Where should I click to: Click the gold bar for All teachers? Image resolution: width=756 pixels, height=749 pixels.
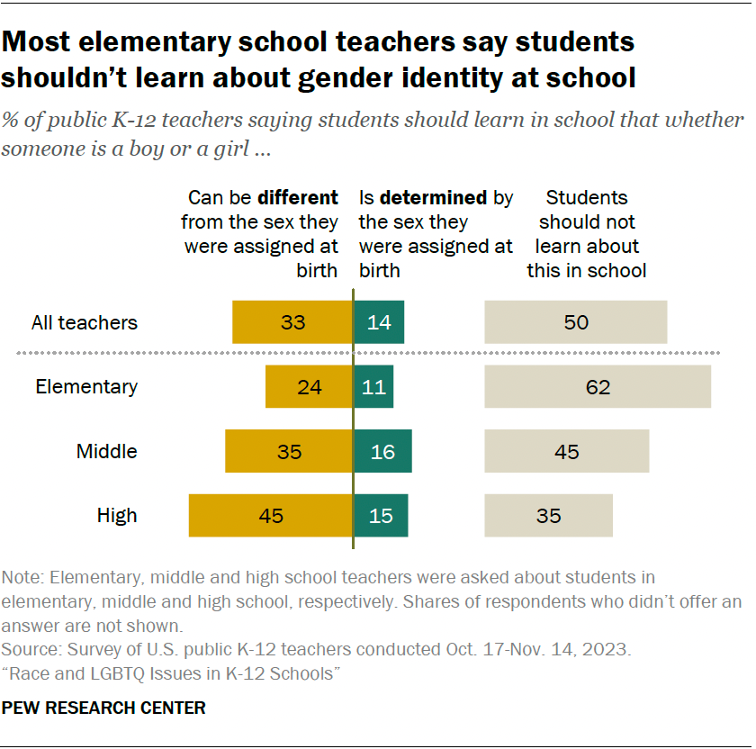tap(292, 322)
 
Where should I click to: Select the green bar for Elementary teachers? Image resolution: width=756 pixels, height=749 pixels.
tap(373, 387)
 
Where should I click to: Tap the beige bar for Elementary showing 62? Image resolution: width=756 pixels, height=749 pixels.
tap(598, 387)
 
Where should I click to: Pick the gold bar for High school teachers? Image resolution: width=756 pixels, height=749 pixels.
tap(270, 516)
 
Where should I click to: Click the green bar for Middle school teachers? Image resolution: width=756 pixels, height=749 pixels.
tap(382, 452)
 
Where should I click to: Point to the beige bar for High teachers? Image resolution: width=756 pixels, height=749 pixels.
tap(548, 516)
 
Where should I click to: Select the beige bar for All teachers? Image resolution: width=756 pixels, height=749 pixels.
tap(576, 322)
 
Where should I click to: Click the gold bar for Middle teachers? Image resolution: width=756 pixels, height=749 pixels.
tap(289, 452)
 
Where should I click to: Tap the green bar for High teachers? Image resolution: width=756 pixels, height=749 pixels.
tap(381, 516)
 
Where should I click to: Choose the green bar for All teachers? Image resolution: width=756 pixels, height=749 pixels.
tap(379, 322)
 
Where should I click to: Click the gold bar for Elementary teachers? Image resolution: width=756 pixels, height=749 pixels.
tap(309, 387)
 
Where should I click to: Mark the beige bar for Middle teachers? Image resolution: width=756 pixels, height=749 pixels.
tap(567, 452)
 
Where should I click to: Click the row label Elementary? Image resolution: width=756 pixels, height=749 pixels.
tap(86, 387)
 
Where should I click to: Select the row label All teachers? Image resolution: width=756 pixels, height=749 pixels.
tap(85, 322)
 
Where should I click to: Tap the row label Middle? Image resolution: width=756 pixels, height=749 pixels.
tap(107, 452)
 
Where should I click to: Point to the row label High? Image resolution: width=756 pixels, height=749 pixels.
tap(117, 516)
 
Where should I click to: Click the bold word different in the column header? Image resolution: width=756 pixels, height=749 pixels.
tap(298, 198)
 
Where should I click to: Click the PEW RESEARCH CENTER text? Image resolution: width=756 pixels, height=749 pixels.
tap(103, 708)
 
